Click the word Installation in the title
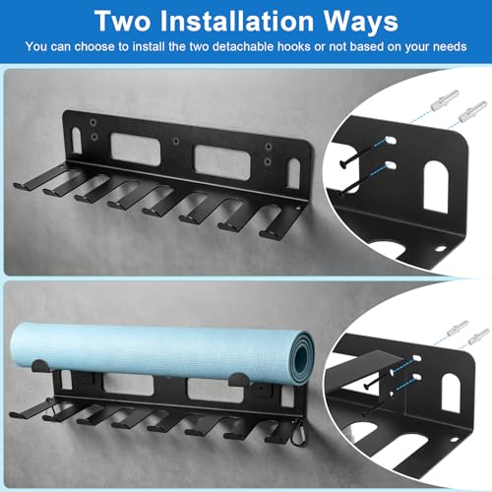(x=237, y=22)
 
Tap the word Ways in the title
(x=361, y=22)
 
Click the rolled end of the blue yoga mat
(x=302, y=357)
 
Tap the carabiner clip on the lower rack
(x=299, y=435)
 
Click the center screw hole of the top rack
(x=176, y=142)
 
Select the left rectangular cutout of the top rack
(x=136, y=150)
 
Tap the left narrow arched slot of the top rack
(x=77, y=141)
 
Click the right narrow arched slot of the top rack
(x=293, y=174)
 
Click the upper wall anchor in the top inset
(x=445, y=100)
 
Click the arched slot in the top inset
(x=436, y=187)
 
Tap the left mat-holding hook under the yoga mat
(x=40, y=366)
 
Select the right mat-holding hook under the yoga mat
(x=239, y=380)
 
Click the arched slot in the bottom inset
(x=451, y=393)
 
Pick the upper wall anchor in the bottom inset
(x=458, y=328)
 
